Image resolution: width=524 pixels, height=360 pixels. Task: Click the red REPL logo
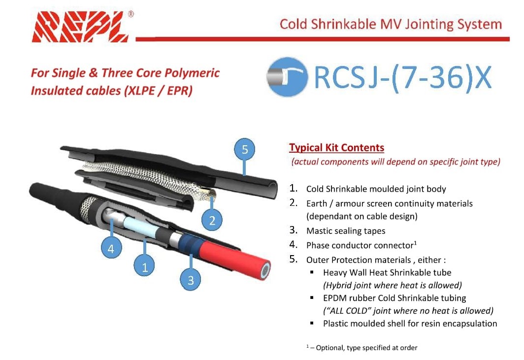point(80,27)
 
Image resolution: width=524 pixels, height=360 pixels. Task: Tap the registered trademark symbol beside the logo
point(131,14)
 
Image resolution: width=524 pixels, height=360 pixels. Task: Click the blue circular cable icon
point(287,77)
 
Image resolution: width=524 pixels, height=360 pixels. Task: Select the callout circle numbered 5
point(245,149)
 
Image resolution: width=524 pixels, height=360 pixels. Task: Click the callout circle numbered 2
point(212,220)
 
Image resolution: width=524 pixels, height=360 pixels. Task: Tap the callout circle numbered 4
point(111,248)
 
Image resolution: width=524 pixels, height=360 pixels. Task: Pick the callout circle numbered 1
point(144,266)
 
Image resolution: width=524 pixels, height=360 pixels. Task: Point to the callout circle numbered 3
point(191,279)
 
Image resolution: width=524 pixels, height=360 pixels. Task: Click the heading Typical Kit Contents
point(336,148)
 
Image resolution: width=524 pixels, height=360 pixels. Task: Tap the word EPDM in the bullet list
point(334,298)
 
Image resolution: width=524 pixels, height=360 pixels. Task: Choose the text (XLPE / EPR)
point(158,91)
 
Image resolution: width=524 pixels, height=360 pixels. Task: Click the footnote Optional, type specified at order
point(366,348)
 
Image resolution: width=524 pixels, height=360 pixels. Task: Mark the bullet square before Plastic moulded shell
point(312,323)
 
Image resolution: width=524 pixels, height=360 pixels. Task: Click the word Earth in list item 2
point(316,203)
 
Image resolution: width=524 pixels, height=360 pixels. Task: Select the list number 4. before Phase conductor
point(293,245)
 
